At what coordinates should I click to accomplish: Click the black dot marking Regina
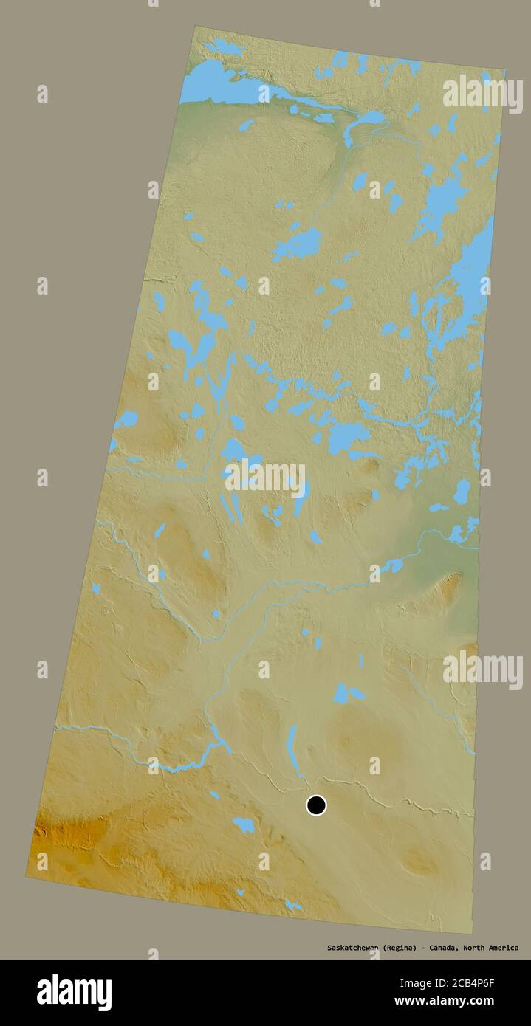(x=316, y=805)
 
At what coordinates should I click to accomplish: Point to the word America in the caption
(x=501, y=948)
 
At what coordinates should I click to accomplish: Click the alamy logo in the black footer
(x=74, y=992)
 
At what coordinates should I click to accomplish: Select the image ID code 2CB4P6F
(x=484, y=983)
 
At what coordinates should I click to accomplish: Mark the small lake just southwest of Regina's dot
(x=243, y=824)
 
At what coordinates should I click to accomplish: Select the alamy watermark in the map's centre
(x=264, y=478)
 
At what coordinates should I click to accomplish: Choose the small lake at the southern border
(x=292, y=905)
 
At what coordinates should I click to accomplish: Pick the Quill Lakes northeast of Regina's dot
(x=346, y=694)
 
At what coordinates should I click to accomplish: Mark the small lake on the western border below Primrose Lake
(x=96, y=588)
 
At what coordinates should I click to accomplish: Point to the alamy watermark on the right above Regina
(x=482, y=669)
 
